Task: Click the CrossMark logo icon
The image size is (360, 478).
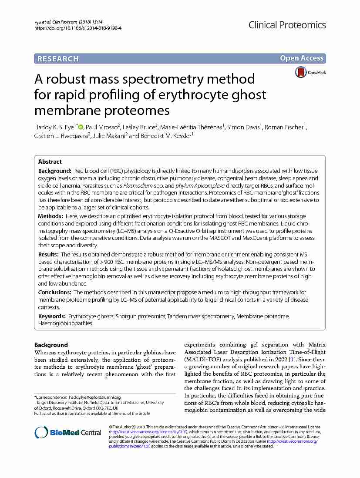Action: (x=301, y=72)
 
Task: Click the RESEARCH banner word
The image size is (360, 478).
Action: (x=58, y=59)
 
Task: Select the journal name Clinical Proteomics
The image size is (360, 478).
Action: (x=287, y=25)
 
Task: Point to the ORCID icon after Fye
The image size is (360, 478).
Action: (x=81, y=127)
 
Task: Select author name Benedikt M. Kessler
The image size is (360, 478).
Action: (x=166, y=136)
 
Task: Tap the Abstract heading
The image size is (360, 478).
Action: (x=50, y=162)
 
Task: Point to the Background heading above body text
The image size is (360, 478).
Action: (x=51, y=345)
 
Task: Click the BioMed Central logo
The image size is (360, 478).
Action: (x=68, y=432)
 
